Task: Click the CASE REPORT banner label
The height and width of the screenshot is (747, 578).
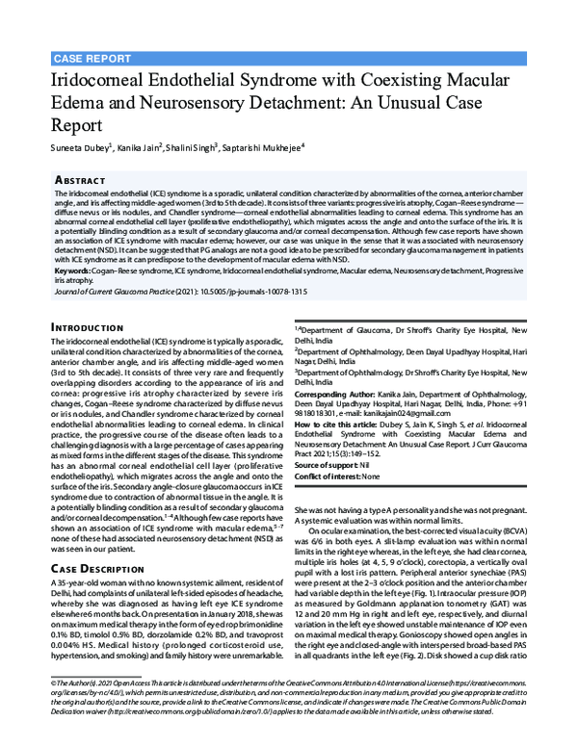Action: coord(92,58)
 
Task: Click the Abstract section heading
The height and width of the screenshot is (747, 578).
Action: coord(82,179)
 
